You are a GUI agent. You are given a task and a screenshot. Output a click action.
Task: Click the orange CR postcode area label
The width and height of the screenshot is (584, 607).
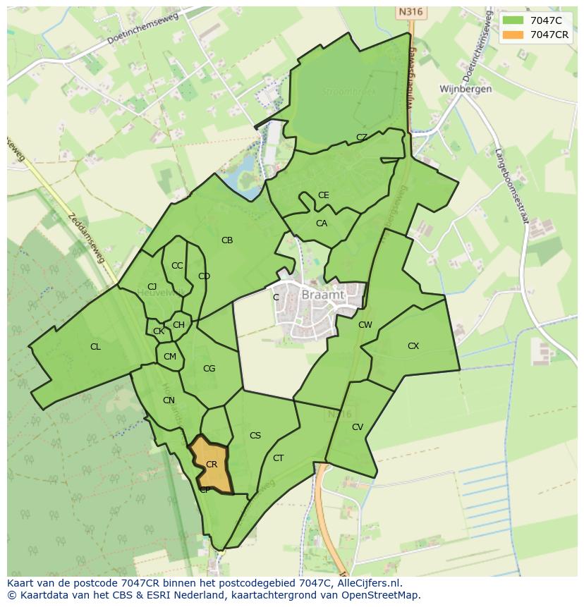[211, 465]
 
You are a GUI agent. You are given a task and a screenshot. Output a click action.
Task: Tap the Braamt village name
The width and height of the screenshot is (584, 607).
[322, 295]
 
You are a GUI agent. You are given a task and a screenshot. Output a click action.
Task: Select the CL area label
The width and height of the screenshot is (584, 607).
[95, 347]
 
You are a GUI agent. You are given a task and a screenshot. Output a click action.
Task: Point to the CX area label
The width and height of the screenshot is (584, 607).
[413, 346]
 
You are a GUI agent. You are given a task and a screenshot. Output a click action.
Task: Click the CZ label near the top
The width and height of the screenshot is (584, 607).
[362, 137]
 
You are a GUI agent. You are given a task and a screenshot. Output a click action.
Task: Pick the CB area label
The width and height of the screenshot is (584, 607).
[227, 240]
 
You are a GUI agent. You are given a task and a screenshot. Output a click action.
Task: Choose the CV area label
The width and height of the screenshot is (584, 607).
[358, 427]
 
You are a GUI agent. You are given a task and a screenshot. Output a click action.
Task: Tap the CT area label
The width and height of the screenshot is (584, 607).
[279, 458]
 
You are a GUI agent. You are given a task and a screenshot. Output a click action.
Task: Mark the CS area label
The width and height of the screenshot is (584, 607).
[255, 436]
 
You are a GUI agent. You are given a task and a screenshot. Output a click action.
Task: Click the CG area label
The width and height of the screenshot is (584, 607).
[209, 369]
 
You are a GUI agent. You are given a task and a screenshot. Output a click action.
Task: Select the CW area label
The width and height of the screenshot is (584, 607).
[365, 325]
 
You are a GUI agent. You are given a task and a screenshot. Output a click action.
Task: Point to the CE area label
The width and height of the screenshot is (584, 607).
[324, 195]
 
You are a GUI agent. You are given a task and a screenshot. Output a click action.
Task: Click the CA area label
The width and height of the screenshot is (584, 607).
[322, 223]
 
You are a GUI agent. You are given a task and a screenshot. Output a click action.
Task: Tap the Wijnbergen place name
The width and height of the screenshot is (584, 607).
[466, 90]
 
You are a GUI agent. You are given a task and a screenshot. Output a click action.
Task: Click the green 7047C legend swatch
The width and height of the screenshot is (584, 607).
[513, 20]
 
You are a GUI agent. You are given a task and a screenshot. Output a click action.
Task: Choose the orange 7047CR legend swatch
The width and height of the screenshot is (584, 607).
[513, 35]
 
